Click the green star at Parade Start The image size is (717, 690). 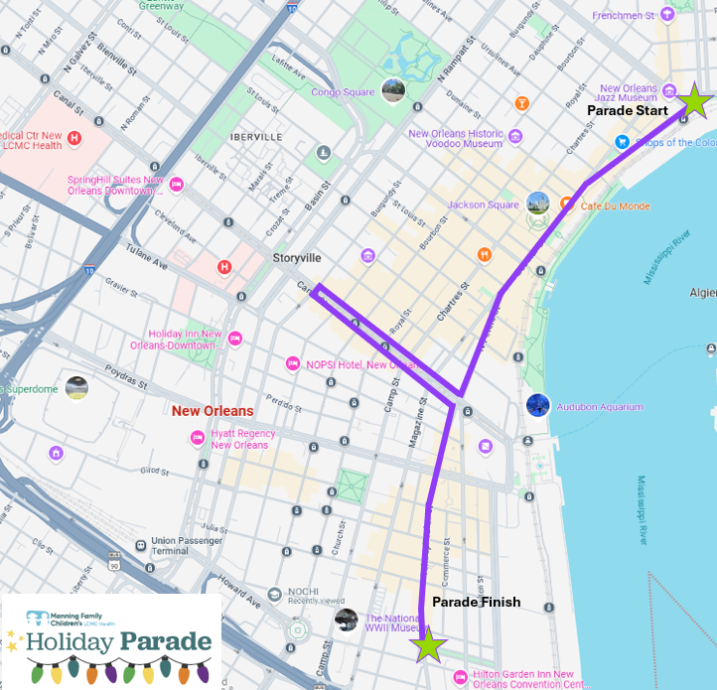coord(695,100)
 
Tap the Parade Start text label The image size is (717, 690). coord(627,110)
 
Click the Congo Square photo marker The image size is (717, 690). coord(393,91)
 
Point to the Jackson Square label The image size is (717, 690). coord(483,205)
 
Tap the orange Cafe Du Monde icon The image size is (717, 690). coord(567,204)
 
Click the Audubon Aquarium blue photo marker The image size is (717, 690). coord(537,405)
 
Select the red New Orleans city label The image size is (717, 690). coord(213,411)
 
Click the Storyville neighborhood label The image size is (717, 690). coord(297,257)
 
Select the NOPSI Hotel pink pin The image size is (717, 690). coord(292,363)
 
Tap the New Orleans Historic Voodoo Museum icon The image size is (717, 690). coord(515,135)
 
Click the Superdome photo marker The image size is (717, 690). coord(76,388)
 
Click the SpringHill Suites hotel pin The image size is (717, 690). coord(177,184)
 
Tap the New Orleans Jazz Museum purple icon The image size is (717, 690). coord(670,91)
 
